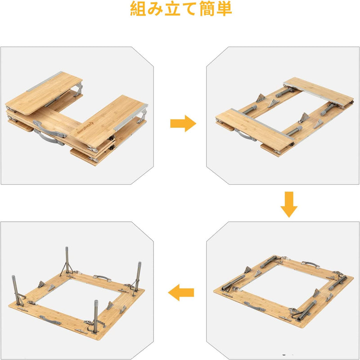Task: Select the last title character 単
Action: pos(223,9)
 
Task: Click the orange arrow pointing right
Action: pos(183,123)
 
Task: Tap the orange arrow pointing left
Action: pos(181,293)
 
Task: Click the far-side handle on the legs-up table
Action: pos(101,279)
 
